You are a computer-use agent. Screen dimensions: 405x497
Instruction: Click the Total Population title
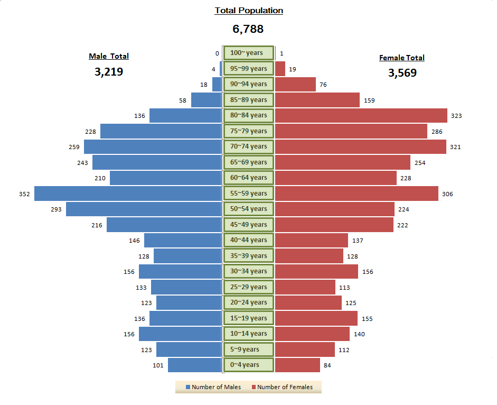pos(249,11)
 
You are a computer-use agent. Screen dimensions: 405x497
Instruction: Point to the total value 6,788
pos(248,29)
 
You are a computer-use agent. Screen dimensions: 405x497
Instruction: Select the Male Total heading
pos(109,56)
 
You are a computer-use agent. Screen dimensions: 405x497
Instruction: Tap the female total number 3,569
pos(402,73)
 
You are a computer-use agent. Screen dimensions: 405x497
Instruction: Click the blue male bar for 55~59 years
pos(127,194)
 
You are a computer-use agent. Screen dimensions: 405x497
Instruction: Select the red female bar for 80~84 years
pos(361,115)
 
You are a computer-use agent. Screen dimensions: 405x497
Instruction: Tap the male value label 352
pos(24,194)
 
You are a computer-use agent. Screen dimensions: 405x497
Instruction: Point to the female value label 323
pos(456,116)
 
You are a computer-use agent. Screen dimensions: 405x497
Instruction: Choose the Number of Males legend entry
pos(213,387)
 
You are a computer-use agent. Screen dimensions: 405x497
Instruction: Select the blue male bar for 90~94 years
pos(217,84)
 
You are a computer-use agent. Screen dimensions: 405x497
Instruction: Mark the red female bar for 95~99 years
pos(280,69)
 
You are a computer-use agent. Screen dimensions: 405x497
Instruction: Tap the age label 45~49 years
pos(248,225)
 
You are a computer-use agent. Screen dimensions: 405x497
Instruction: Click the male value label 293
pos(56,209)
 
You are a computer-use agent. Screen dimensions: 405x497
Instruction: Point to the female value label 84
pos(328,365)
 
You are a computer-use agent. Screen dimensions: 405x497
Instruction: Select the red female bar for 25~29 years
pos(305,287)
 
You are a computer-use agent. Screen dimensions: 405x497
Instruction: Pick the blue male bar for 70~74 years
pos(152,146)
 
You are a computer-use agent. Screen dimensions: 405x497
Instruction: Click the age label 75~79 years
pos(248,131)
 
